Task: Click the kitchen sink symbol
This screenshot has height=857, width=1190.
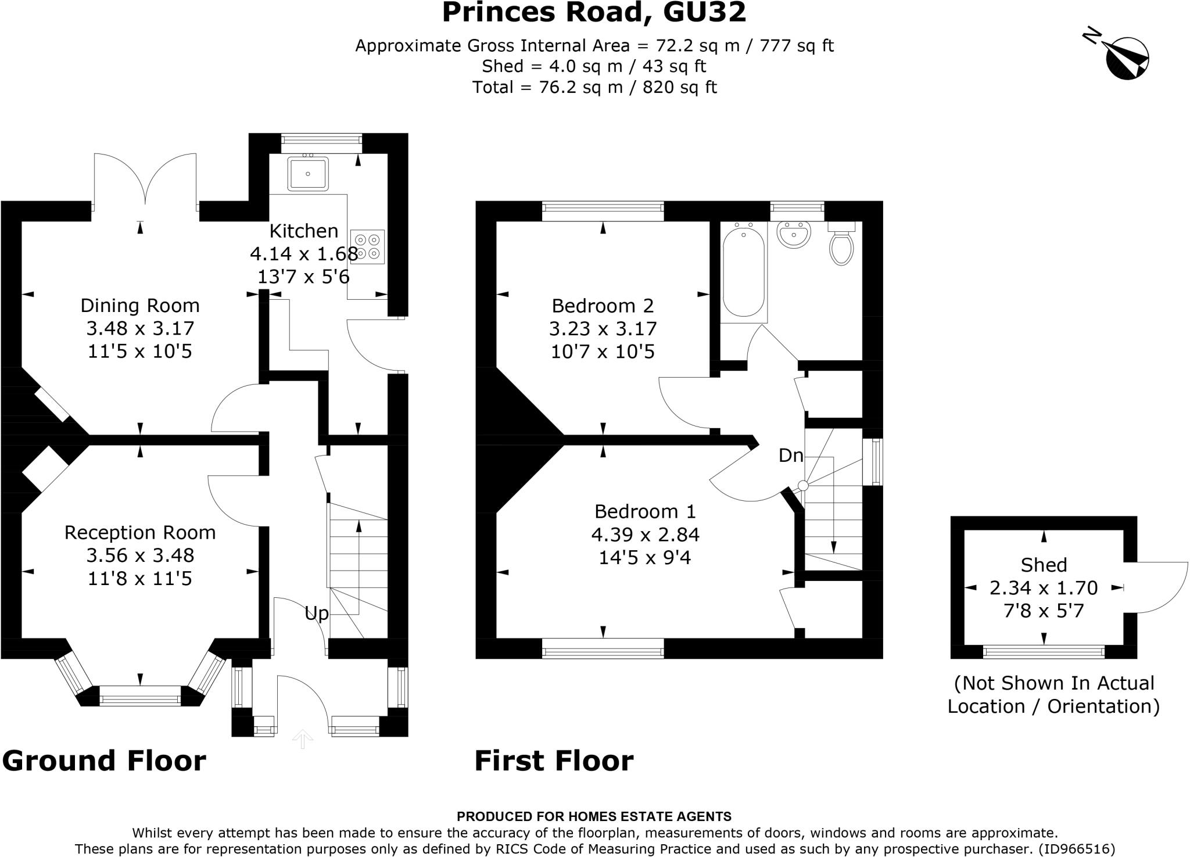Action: [307, 173]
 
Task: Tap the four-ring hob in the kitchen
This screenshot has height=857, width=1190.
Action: [367, 246]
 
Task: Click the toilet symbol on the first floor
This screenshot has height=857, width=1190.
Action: [841, 245]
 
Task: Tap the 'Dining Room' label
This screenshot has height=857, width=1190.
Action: [139, 306]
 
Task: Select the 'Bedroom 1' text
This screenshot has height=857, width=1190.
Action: [644, 511]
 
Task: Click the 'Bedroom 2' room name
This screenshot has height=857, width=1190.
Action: [603, 306]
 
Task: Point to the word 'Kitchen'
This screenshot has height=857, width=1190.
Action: [303, 231]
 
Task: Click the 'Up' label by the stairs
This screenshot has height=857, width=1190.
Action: [317, 613]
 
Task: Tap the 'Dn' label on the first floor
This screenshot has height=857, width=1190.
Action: [790, 456]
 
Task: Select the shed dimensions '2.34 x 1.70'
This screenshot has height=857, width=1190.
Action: [1044, 588]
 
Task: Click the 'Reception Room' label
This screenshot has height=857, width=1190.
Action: [139, 533]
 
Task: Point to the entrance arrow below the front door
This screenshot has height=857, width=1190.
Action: [302, 739]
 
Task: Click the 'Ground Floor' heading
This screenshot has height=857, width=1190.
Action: [105, 761]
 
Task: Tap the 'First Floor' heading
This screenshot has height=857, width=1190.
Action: [554, 761]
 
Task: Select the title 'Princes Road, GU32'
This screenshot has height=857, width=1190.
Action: [594, 13]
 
